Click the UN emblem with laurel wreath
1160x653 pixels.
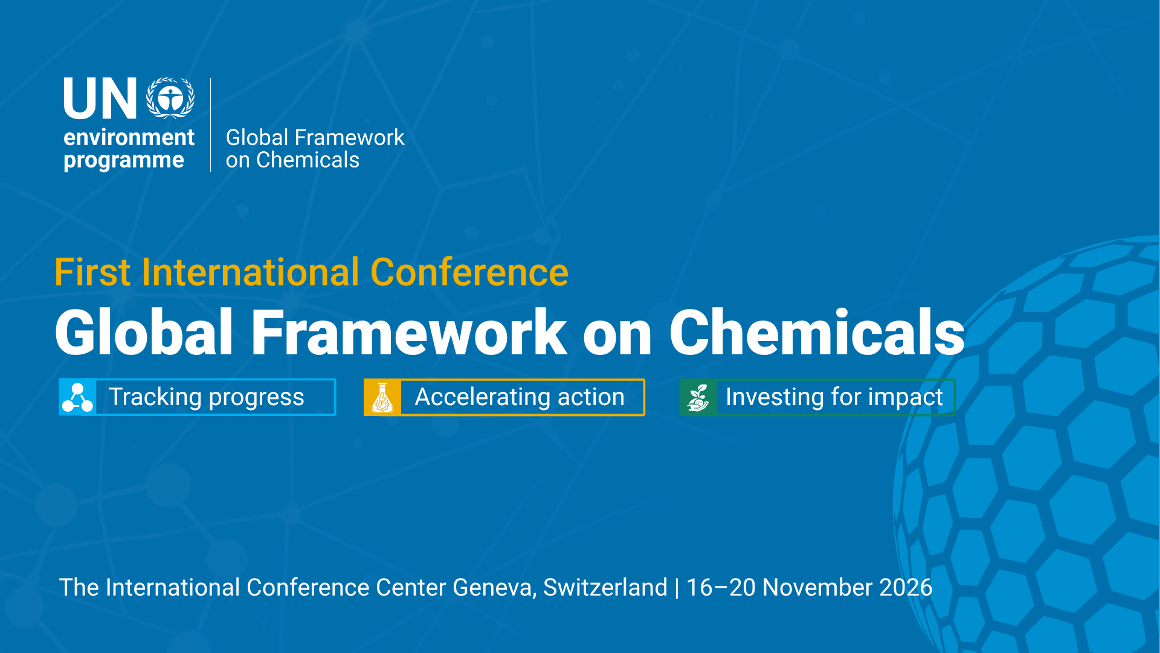[170, 97]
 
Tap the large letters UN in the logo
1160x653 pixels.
[100, 99]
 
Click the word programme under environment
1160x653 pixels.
[124, 161]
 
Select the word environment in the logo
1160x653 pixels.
[129, 137]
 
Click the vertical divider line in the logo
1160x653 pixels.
[210, 125]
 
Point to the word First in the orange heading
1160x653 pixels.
[92, 272]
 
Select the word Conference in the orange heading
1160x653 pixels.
[469, 272]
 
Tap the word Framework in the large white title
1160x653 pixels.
[409, 332]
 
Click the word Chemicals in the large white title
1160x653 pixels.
[817, 332]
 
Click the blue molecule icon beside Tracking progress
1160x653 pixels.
[78, 397]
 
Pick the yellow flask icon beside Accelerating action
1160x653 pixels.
[382, 397]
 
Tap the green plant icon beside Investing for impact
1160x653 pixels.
[698, 397]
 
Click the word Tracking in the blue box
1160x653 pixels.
[155, 398]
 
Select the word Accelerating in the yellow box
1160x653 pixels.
[482, 398]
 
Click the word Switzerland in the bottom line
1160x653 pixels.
[605, 588]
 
